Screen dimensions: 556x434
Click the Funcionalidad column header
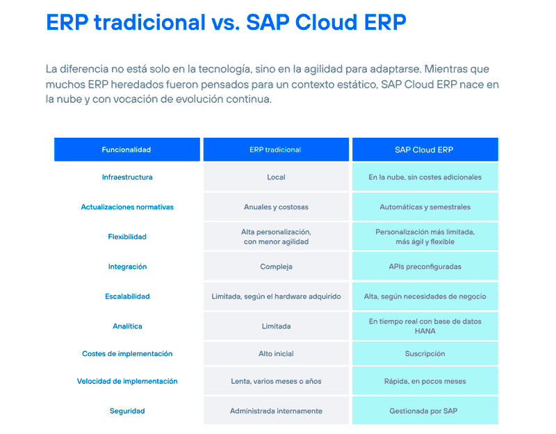126,150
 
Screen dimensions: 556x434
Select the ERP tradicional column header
276,150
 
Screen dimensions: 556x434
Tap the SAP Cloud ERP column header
425,150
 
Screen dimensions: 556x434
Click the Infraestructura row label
127,177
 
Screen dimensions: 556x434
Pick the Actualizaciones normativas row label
127,207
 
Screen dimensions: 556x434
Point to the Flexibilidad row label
127,236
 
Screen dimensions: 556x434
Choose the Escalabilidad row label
127,296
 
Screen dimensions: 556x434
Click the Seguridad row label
127,411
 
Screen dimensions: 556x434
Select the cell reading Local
276,177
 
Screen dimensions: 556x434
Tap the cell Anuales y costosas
276,207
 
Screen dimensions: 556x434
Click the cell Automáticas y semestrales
425,207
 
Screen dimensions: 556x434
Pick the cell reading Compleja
276,266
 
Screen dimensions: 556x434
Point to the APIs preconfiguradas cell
425,266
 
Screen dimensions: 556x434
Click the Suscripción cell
425,354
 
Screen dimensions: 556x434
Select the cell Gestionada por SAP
425,411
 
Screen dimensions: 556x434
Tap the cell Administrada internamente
276,411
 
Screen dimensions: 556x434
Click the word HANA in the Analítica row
425,331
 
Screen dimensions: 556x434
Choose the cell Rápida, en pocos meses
425,381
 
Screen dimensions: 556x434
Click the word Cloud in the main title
325,22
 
